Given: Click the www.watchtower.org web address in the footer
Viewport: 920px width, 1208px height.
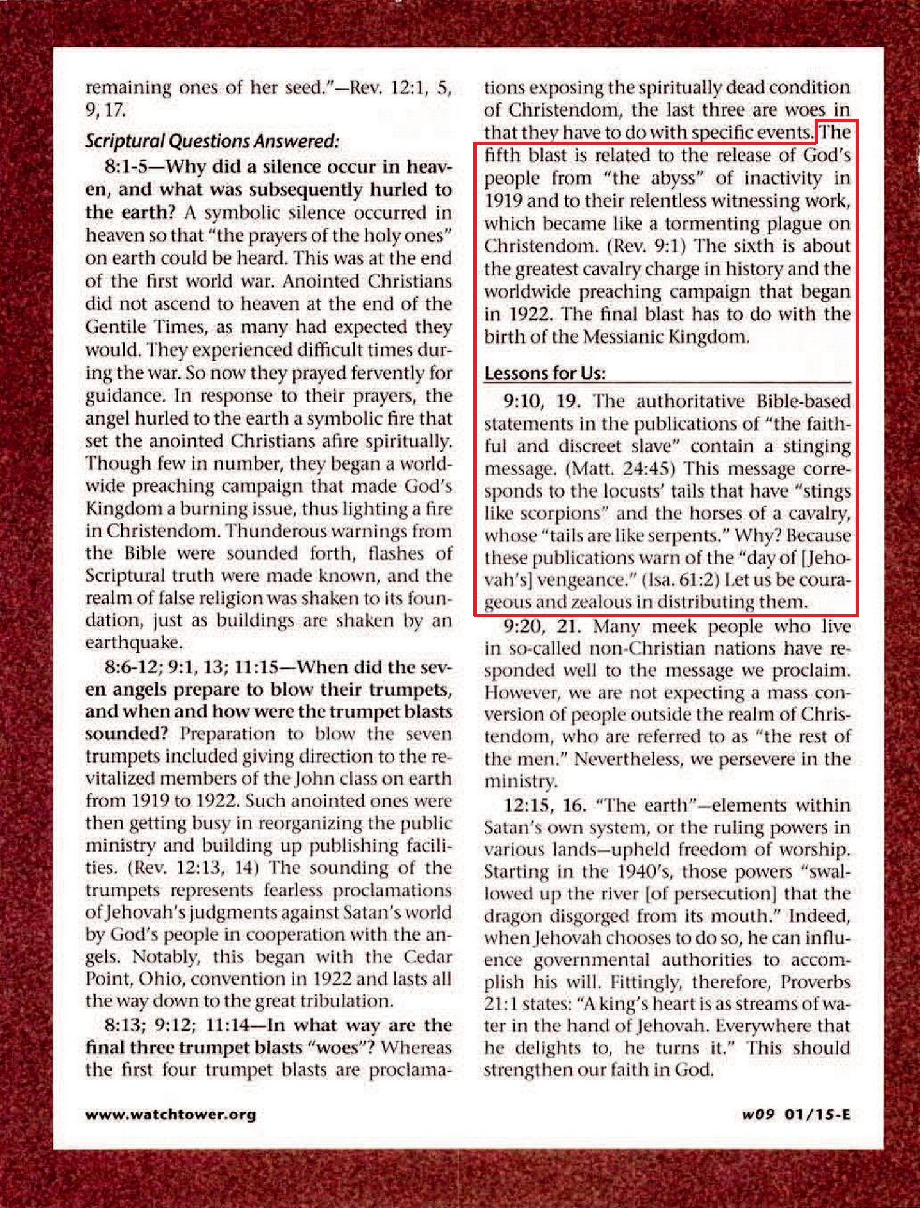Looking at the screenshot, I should click(171, 1114).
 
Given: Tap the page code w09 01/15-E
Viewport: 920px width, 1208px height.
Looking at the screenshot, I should click(795, 1114).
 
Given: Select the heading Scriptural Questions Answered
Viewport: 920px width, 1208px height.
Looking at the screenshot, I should click(212, 141).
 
